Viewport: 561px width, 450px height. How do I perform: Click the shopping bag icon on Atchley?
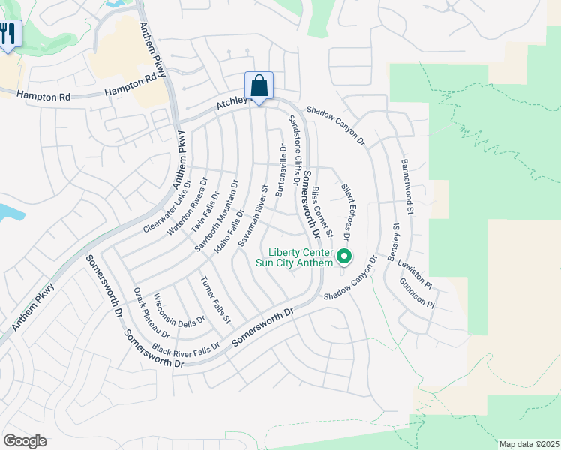(x=259, y=85)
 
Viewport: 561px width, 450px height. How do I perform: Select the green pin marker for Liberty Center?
(x=344, y=257)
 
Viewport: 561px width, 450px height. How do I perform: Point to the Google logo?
(x=25, y=440)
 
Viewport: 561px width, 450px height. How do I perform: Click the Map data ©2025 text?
(x=529, y=444)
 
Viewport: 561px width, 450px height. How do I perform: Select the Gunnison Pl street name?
(x=417, y=292)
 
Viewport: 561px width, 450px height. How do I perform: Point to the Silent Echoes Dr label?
(x=346, y=211)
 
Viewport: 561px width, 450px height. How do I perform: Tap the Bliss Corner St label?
(x=322, y=213)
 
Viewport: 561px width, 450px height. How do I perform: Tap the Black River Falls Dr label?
(x=186, y=349)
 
